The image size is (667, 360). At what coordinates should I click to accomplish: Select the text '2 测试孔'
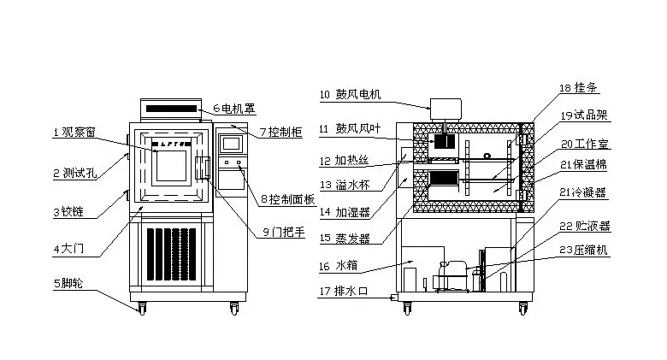click(x=74, y=173)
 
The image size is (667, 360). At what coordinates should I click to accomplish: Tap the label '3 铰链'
click(x=70, y=211)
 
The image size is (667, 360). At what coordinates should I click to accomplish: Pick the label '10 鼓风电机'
click(x=350, y=95)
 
